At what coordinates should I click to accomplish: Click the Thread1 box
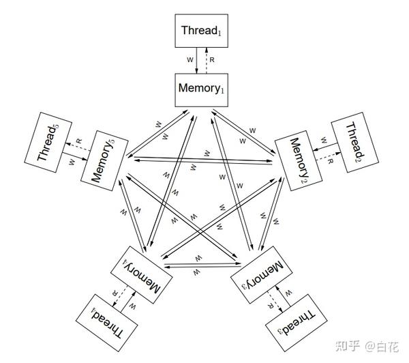point(202,31)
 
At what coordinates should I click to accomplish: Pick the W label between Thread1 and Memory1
point(190,60)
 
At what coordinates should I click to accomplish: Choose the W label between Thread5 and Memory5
point(71,162)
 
